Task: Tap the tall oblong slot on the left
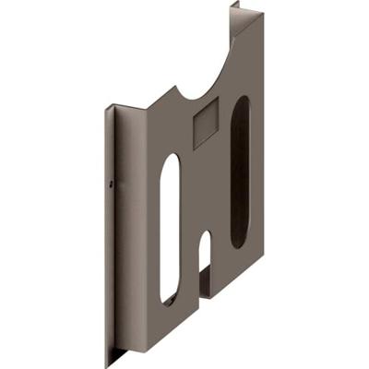tap(171, 228)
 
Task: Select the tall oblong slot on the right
tap(238, 173)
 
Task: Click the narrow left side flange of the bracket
tap(111, 231)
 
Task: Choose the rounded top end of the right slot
tap(240, 103)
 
